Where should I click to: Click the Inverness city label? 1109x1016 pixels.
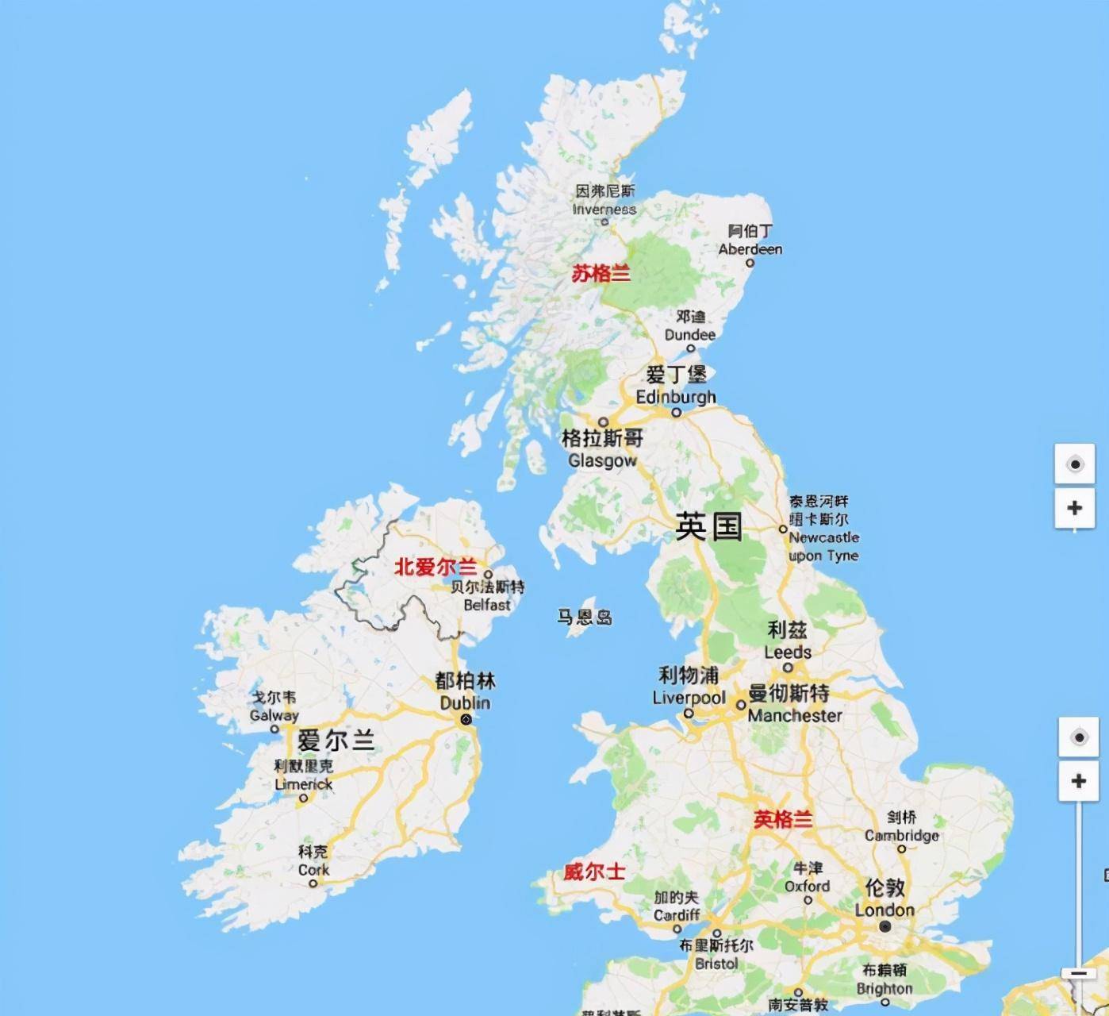point(604,201)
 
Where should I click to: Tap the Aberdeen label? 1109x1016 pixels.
point(750,241)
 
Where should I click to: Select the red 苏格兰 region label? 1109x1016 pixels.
point(601,274)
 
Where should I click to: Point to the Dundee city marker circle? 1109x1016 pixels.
point(690,348)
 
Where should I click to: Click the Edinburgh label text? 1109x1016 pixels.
point(676,396)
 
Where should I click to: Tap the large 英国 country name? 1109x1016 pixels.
point(708,526)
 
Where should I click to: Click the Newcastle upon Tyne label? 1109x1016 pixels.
point(822,529)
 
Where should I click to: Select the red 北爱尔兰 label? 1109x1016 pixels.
point(436,567)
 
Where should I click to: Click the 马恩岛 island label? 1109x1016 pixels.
point(585,617)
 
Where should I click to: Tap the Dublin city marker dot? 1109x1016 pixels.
point(466,720)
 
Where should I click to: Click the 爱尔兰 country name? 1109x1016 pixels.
point(336,741)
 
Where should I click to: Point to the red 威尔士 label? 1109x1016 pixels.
point(594,872)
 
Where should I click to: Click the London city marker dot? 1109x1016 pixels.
point(885,926)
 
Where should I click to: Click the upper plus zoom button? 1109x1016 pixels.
point(1075,508)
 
